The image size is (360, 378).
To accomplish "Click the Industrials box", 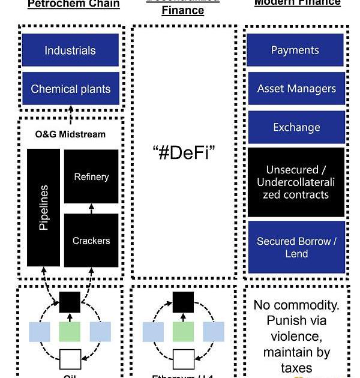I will pos(70,50).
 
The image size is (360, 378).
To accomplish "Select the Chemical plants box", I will pos(70,89).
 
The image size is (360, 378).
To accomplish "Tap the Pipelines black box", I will pos(43,208).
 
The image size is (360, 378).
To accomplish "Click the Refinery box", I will pos(91,176).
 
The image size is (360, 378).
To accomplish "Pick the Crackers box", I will pos(91,241).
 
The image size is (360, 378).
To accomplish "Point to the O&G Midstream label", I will pos(70,134).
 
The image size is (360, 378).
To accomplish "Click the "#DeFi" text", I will pos(184,152).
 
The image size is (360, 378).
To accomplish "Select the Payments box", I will pos(295,50).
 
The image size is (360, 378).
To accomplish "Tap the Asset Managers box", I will pos(296,88).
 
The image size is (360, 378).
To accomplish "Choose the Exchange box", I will pos(296,127).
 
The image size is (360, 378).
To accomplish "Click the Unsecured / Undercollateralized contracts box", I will pos(296,182).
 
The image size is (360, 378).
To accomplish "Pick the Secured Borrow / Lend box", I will pos(296,247).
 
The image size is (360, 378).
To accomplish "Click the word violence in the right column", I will pos(296,336).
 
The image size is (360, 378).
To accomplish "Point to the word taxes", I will pos(296,367).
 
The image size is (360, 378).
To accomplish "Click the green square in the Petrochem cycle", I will pos(70,332).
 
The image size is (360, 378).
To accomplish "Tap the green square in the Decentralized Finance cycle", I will pos(183,332).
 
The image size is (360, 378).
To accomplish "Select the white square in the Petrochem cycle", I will pos(70,360).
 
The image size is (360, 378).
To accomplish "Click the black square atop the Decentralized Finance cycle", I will pos(183,302).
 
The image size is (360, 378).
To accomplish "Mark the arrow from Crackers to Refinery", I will pos(91,209).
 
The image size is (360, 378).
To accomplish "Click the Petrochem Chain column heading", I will pos(74,4).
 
